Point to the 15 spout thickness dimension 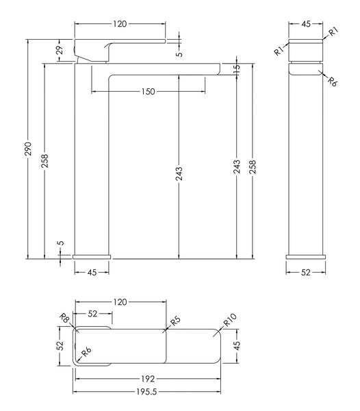237,69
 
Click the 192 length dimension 149,377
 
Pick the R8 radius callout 64,319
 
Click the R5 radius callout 175,319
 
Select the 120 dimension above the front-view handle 120,24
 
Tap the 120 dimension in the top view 120,301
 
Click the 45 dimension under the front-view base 90,272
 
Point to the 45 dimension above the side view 306,24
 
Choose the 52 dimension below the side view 306,272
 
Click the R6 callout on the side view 332,82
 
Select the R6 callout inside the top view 87,352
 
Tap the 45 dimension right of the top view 237,347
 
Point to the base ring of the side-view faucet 306,256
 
